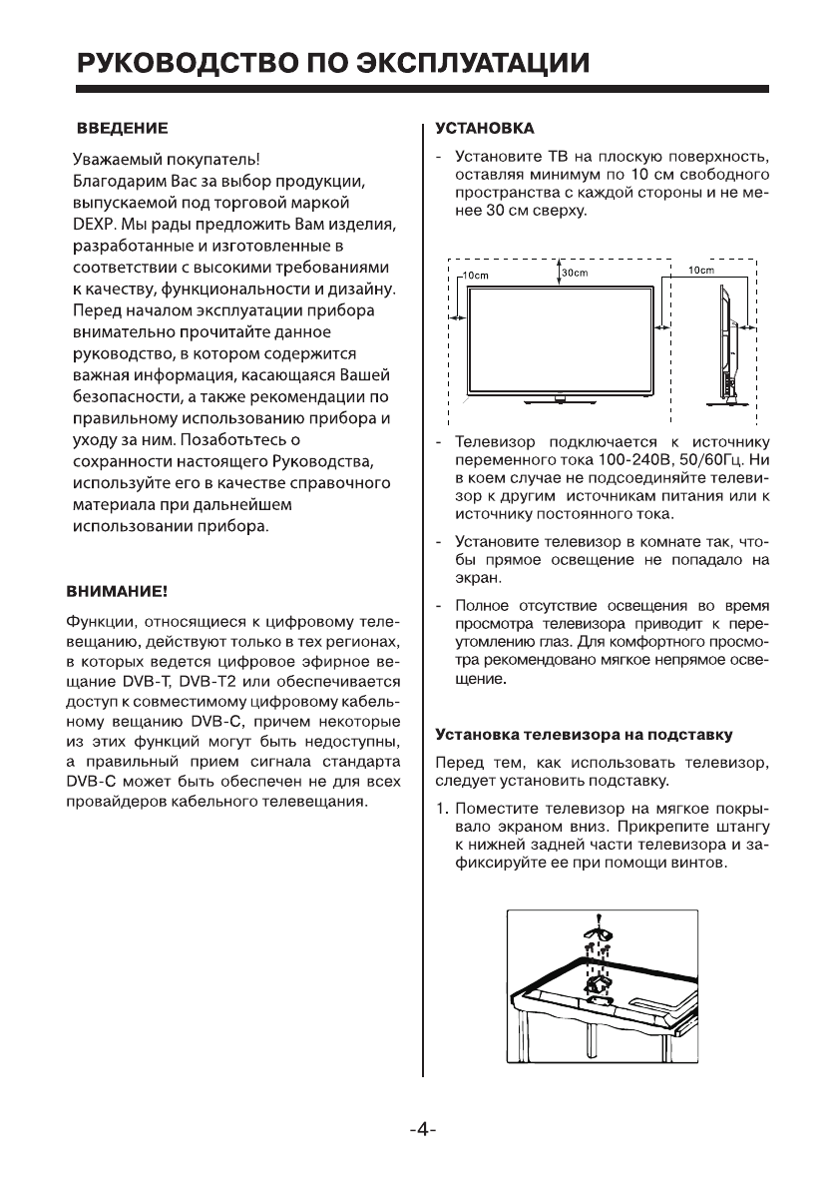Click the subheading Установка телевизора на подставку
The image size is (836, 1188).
(585, 735)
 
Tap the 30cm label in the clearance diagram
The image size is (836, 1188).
(575, 273)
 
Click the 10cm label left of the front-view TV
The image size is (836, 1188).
(474, 274)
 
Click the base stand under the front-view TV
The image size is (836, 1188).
(560, 399)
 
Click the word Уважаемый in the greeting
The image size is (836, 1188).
(116, 160)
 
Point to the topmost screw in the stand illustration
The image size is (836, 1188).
(596, 917)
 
